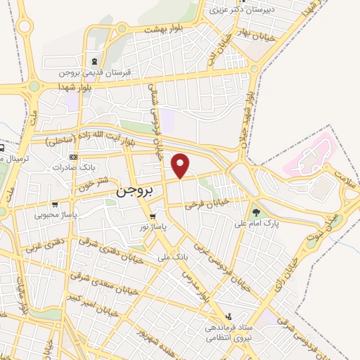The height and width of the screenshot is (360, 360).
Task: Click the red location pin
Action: (181, 165)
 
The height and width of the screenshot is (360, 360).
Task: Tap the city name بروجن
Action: (134, 191)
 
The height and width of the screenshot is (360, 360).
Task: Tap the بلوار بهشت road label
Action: (162, 30)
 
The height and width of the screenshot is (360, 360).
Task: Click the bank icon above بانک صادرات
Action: (74, 157)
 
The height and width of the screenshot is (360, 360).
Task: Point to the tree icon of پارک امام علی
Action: (256, 211)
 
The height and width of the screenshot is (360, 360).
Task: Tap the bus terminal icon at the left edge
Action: (2, 148)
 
